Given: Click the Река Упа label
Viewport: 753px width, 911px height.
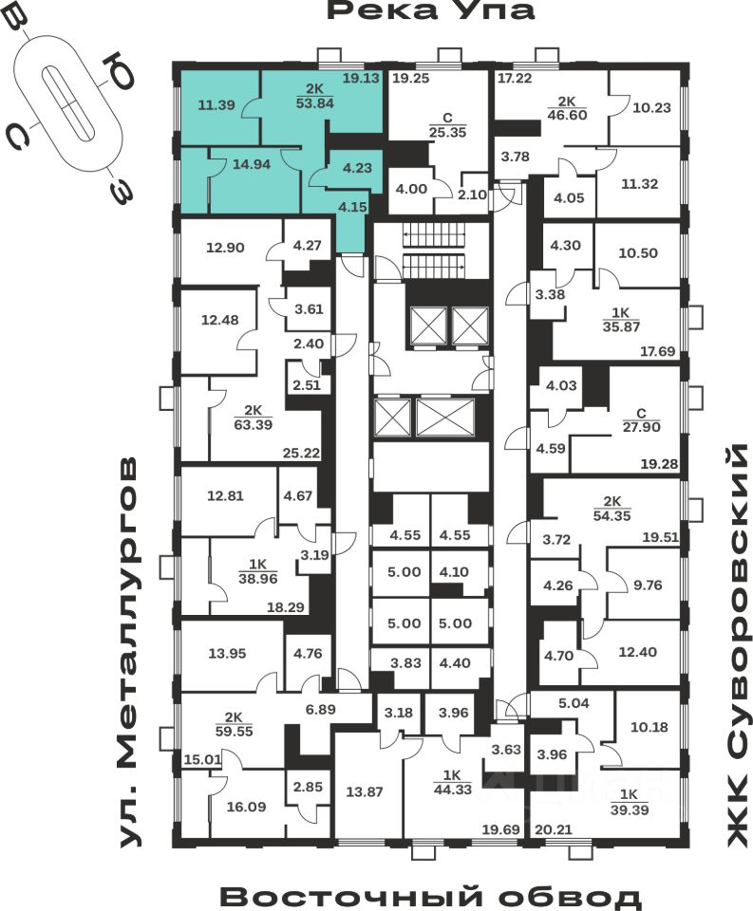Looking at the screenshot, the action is pyautogui.click(x=430, y=11).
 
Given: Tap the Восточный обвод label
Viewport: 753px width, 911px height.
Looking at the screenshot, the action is pyautogui.click(x=431, y=896).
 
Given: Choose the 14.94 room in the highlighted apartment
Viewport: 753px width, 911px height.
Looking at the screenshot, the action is pyautogui.click(x=252, y=163).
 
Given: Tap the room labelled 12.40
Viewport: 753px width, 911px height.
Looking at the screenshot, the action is pyautogui.click(x=636, y=652).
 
